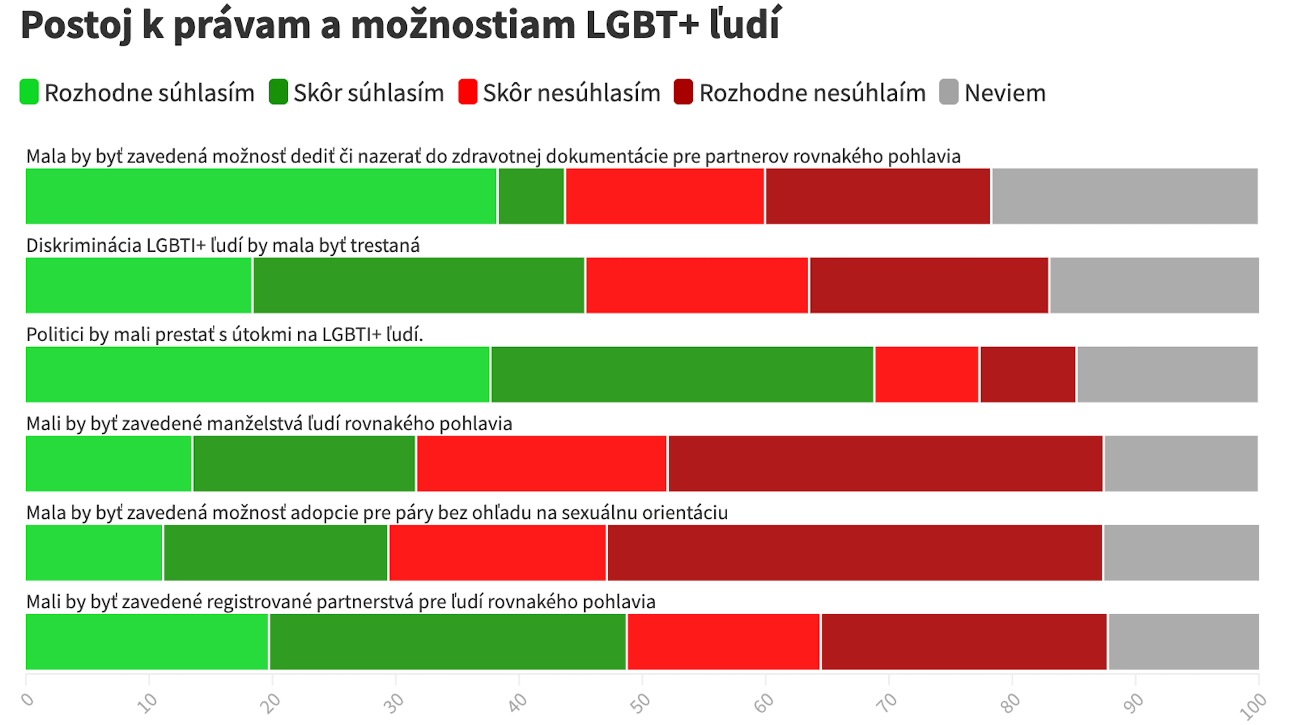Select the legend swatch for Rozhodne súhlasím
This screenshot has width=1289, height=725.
pyautogui.click(x=29, y=92)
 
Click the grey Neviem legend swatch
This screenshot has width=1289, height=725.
pyautogui.click(x=948, y=92)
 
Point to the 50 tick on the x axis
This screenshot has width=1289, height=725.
pyautogui.click(x=640, y=702)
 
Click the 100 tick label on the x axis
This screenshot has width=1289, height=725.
pyautogui.click(x=1253, y=706)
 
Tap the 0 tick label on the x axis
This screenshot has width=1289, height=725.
pyautogui.click(x=28, y=699)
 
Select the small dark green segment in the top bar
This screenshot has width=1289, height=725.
pyautogui.click(x=531, y=196)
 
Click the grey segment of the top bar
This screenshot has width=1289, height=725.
pyautogui.click(x=1125, y=196)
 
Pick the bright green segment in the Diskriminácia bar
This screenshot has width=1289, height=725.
pyautogui.click(x=138, y=285)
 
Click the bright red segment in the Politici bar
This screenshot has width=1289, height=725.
pyautogui.click(x=926, y=375)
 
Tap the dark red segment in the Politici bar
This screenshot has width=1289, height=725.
pyautogui.click(x=1027, y=375)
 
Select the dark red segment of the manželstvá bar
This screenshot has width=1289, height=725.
pyautogui.click(x=885, y=464)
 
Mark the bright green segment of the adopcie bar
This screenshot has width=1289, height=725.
pyautogui.click(x=94, y=552)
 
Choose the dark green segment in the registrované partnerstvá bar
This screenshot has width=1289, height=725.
pyautogui.click(x=447, y=642)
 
